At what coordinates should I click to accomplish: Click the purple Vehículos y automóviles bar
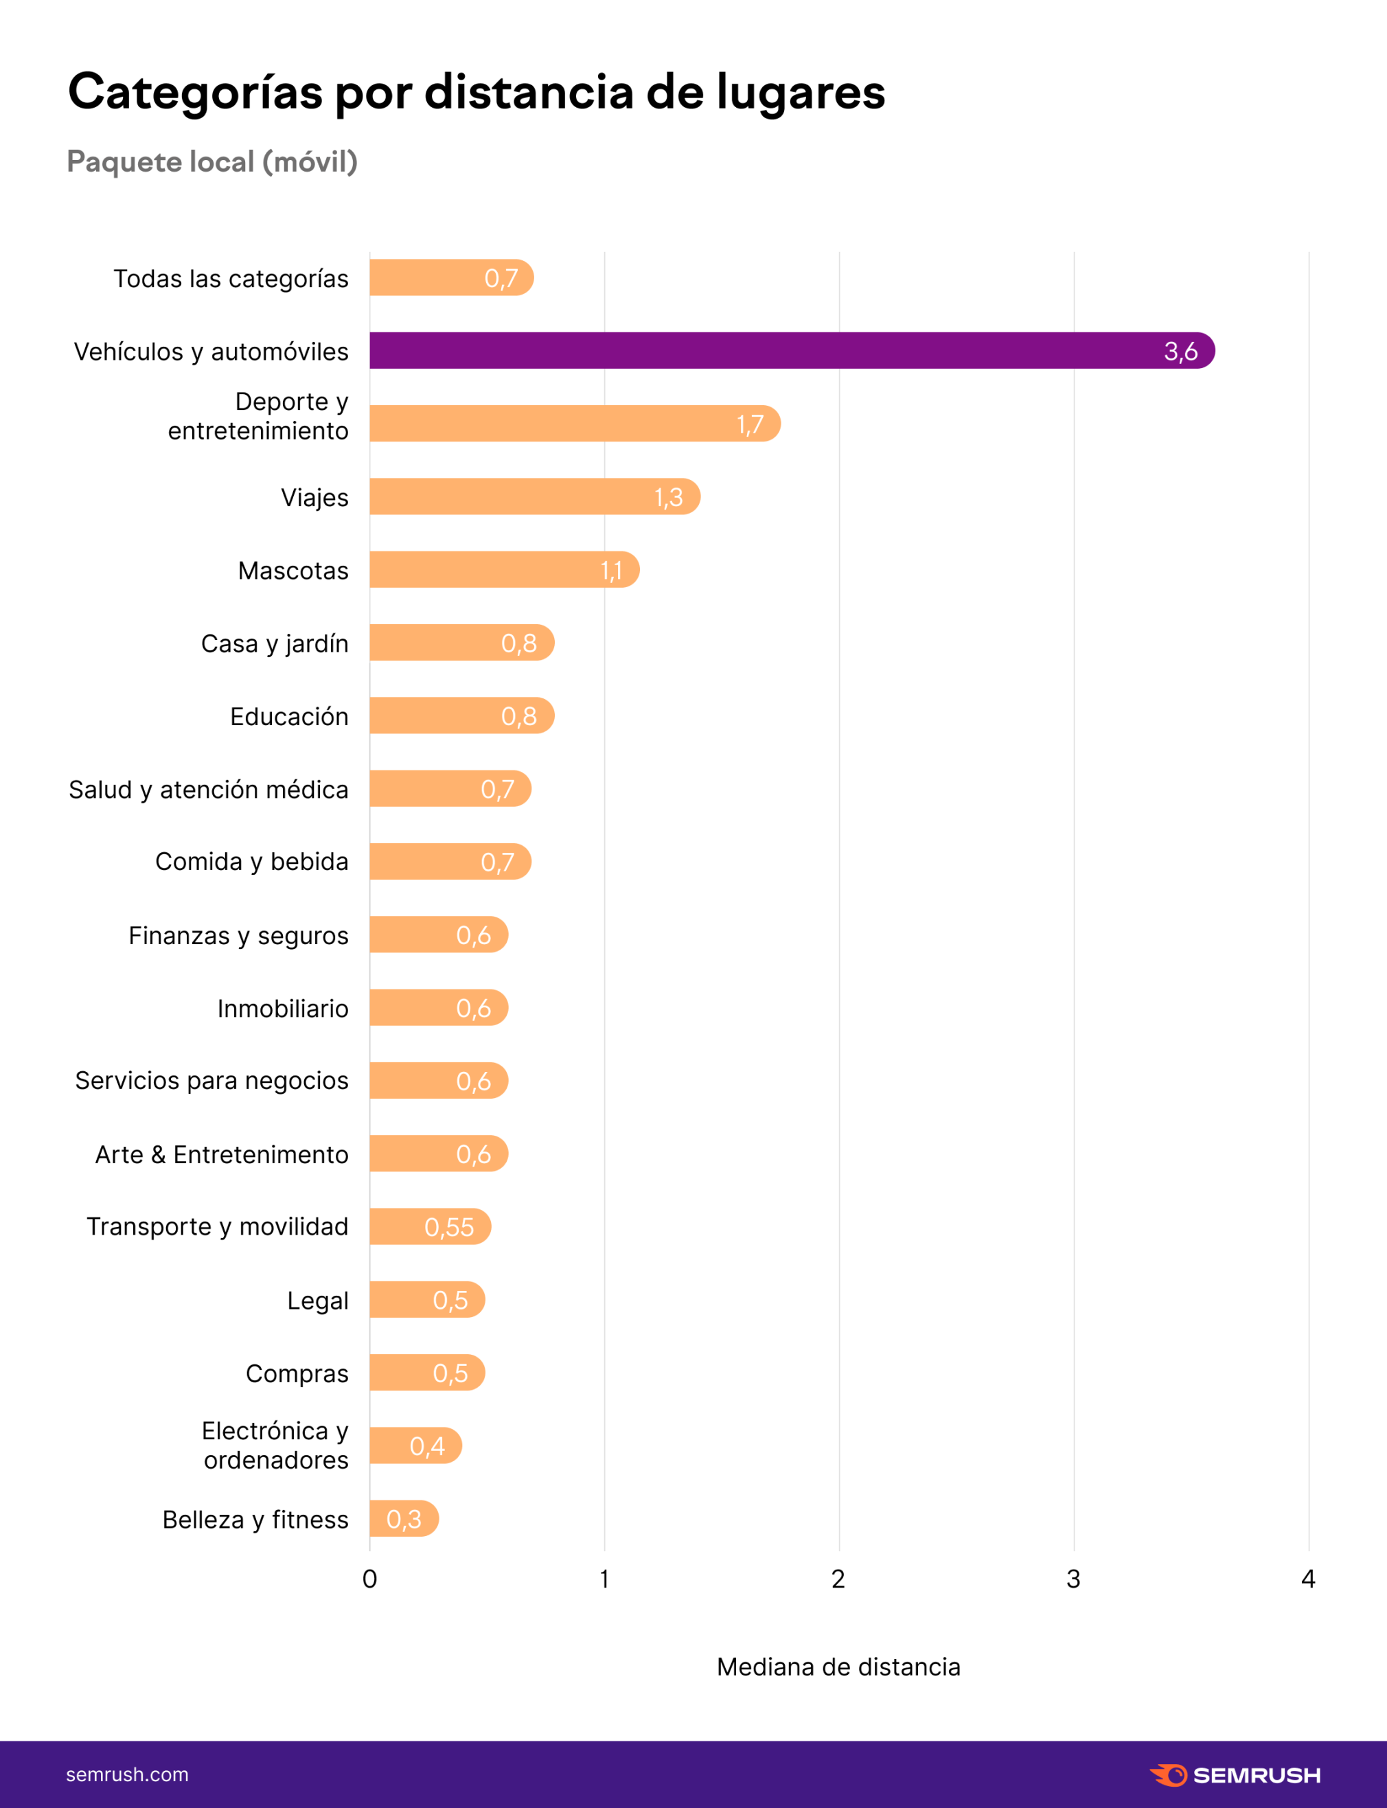pyautogui.click(x=791, y=351)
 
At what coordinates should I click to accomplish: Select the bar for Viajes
pyautogui.click(x=534, y=497)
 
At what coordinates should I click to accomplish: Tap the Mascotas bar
pyautogui.click(x=503, y=570)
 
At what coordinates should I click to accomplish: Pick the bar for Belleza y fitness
pyautogui.click(x=403, y=1518)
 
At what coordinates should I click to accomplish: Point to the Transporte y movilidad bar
pyautogui.click(x=429, y=1227)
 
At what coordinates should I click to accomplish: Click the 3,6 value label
pyautogui.click(x=1180, y=352)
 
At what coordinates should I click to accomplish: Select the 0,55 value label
pyautogui.click(x=449, y=1228)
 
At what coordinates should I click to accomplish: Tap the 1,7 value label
pyautogui.click(x=750, y=424)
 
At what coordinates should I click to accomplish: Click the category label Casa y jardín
pyautogui.click(x=274, y=643)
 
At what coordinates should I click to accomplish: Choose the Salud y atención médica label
pyautogui.click(x=208, y=789)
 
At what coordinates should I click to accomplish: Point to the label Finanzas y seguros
pyautogui.click(x=238, y=935)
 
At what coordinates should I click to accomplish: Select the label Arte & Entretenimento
pyautogui.click(x=221, y=1154)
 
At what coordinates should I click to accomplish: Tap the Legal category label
pyautogui.click(x=317, y=1301)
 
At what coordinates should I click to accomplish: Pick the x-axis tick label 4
pyautogui.click(x=1308, y=1579)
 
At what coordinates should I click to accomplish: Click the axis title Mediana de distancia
pyautogui.click(x=838, y=1667)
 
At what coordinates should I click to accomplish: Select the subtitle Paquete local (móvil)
pyautogui.click(x=212, y=162)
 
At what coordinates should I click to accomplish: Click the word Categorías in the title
pyautogui.click(x=195, y=93)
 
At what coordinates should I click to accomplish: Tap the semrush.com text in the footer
pyautogui.click(x=127, y=1774)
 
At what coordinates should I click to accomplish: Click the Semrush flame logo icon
pyautogui.click(x=1168, y=1775)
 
